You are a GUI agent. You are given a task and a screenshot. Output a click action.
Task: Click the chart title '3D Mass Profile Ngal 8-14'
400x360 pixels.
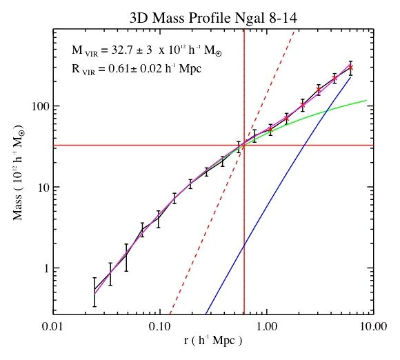tap(213, 18)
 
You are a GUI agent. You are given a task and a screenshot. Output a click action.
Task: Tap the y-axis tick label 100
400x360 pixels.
tap(41, 106)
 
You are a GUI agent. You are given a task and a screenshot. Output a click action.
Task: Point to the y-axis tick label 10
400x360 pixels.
tap(43, 187)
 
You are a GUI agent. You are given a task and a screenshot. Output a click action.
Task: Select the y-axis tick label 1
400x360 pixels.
tap(47, 268)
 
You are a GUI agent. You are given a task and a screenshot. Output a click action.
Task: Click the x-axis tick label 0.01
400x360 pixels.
tap(53, 327)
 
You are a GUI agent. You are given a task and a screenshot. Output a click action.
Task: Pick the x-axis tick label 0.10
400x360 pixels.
tap(160, 327)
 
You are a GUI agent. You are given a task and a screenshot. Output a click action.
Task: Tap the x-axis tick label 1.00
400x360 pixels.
tap(267, 327)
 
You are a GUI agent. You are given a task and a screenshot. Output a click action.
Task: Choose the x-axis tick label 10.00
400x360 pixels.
tap(374, 327)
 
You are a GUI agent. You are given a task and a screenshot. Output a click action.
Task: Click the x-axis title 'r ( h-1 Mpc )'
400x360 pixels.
tap(212, 341)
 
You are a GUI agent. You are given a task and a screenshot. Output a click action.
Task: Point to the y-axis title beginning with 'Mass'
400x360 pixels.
tap(19, 173)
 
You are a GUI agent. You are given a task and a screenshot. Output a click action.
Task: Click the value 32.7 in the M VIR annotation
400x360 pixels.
tap(121, 50)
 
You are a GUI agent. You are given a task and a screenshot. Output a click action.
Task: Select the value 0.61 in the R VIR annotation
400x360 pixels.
tap(119, 69)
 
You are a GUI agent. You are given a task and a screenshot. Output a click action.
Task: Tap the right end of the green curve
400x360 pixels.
tap(367, 100)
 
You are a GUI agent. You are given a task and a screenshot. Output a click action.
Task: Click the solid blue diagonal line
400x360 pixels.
tap(278, 195)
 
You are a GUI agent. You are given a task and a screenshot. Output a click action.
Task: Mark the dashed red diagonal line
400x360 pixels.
tap(232, 172)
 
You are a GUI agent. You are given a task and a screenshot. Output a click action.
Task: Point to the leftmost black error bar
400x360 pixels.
tap(94, 292)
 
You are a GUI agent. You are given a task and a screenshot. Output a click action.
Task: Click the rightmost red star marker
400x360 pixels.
tap(351, 68)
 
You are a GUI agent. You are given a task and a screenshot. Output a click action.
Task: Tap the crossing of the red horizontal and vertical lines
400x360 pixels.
tap(244, 146)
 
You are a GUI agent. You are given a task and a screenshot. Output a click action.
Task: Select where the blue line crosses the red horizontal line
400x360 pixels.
tap(304, 146)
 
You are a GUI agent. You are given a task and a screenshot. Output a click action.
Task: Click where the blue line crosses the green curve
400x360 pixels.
tap(326, 110)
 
